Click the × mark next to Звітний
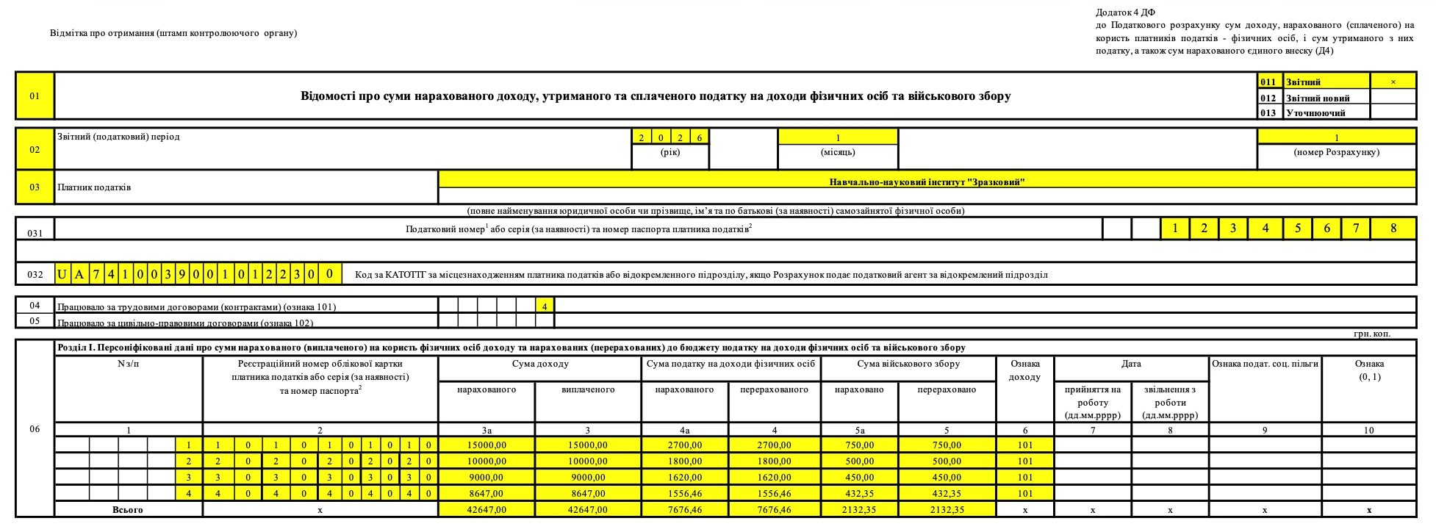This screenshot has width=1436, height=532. (x=1393, y=82)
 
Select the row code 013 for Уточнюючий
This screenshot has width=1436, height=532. (x=1269, y=112)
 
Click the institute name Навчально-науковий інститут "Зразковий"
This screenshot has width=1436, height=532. (x=927, y=181)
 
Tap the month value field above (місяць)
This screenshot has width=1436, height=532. (x=838, y=137)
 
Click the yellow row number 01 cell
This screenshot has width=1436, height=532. (x=35, y=96)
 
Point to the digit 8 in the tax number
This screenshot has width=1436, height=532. (x=1393, y=229)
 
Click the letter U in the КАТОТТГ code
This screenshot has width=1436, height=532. (x=62, y=275)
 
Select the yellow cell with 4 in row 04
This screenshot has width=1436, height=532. (x=545, y=305)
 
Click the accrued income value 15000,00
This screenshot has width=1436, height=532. (x=487, y=445)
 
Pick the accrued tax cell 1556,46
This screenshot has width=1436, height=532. (x=685, y=493)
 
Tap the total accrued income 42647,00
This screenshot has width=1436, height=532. (x=487, y=509)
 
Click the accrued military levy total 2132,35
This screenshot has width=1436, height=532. (x=859, y=509)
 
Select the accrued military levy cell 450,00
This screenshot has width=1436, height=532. (x=859, y=477)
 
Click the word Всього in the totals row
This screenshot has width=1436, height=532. (x=128, y=509)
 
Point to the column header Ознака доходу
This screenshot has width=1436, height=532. (x=1024, y=370)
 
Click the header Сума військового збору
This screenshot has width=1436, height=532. (x=908, y=364)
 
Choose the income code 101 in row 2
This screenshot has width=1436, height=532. (x=1024, y=461)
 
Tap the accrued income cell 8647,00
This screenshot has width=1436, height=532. (x=487, y=493)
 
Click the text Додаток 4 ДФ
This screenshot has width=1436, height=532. (x=1125, y=12)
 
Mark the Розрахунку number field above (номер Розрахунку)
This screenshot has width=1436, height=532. (x=1336, y=137)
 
